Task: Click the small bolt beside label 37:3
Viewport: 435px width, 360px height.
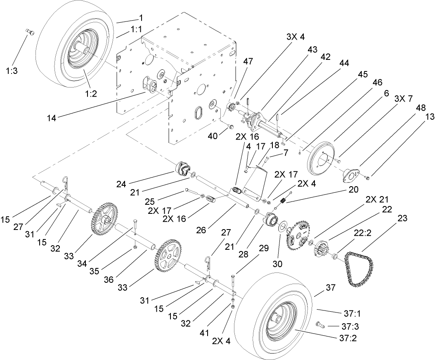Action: point(319,324)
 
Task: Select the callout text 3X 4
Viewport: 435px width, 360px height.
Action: point(296,37)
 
